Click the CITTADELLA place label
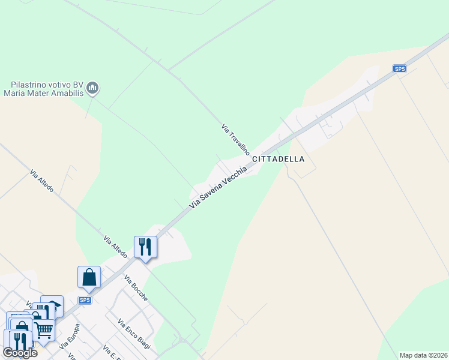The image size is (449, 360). point(279,160)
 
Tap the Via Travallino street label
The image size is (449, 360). point(235,140)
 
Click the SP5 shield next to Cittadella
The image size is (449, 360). point(400,69)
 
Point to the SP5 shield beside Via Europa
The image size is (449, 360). point(85,300)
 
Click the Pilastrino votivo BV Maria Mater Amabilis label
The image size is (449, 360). point(43,89)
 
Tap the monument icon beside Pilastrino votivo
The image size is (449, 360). point(92,89)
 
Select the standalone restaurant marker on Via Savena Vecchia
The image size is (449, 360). point(145,246)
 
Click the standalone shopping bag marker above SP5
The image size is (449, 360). point(89,277)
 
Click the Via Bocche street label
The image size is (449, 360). point(136,288)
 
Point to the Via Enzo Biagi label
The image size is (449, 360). point(134,334)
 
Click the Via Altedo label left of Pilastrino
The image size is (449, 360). point(42,181)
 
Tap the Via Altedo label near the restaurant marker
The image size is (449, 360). point(115,247)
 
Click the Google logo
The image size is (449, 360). point(20,353)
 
